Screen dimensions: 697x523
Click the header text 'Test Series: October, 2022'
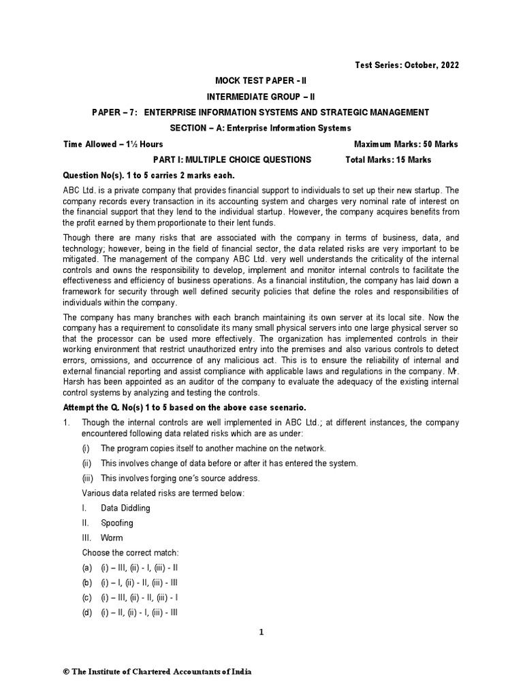[406, 65]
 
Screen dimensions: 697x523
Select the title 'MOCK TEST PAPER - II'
[261, 80]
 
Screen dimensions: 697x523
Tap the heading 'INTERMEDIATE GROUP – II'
[261, 96]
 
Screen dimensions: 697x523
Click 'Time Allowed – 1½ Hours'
[113, 144]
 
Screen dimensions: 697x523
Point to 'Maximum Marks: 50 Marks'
[406, 144]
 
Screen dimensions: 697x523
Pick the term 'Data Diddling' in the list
[125, 508]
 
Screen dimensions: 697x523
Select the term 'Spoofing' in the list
[117, 523]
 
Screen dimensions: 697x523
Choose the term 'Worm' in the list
[112, 538]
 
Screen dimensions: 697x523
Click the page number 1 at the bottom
[261, 632]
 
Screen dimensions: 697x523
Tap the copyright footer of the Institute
[157, 672]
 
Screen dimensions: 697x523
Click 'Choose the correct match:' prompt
[130, 553]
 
